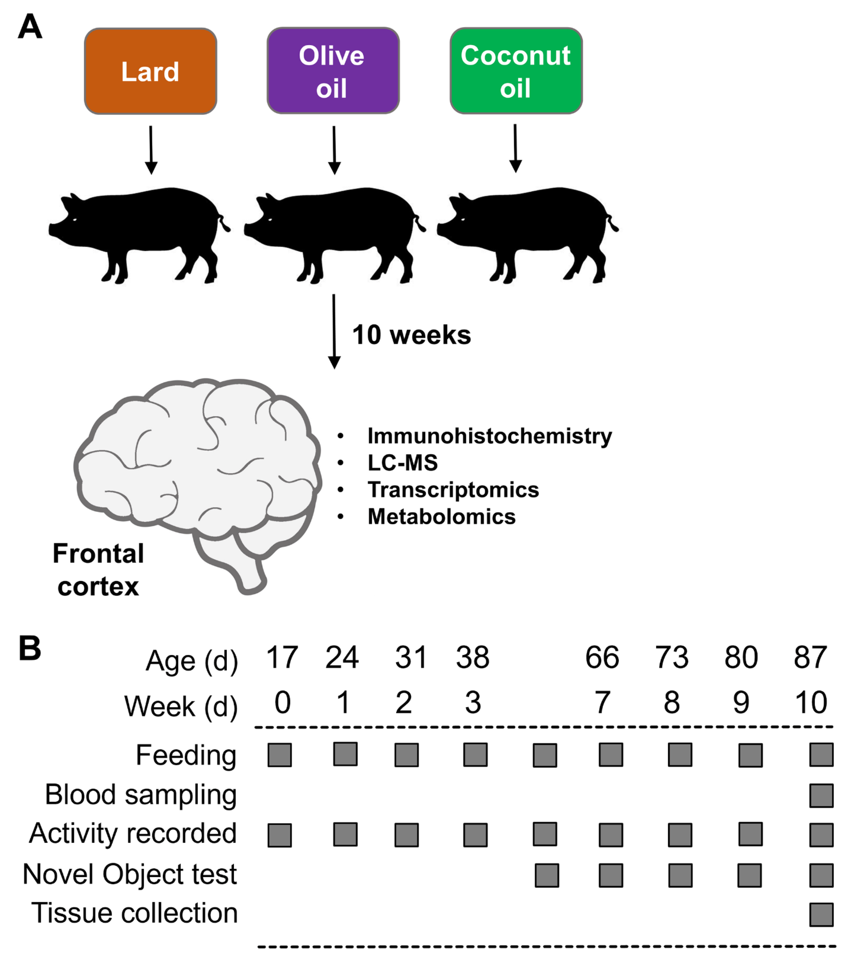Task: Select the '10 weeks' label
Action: (411, 335)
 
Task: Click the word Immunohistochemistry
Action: (489, 436)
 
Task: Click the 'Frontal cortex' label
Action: (98, 570)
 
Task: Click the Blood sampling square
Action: (821, 795)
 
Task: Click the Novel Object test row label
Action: (130, 874)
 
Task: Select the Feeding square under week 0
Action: (280, 755)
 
